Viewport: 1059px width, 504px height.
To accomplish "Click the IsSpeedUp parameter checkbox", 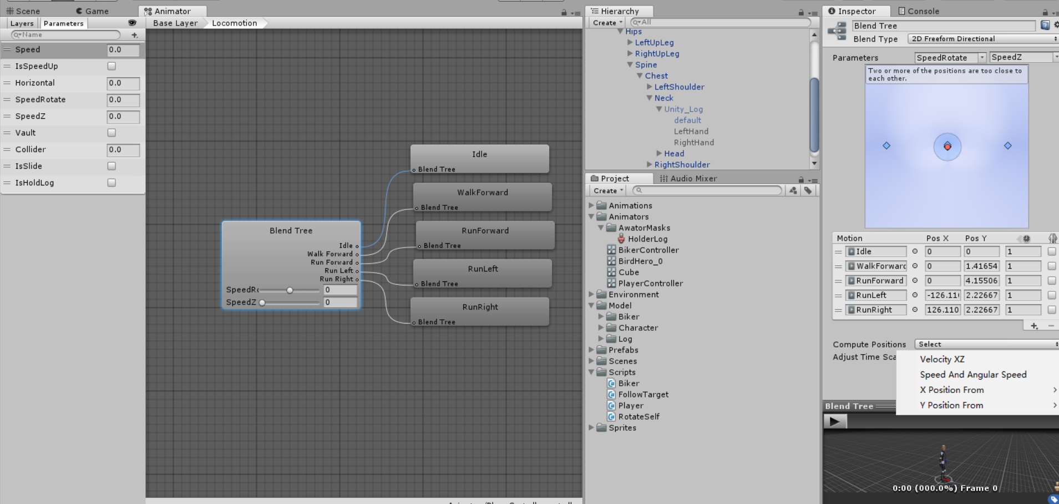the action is pos(112,66).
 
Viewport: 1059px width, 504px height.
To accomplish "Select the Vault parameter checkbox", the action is pos(112,133).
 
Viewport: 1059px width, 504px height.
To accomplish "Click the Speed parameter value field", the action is pos(123,50).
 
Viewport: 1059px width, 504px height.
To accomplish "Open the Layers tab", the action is pos(22,23).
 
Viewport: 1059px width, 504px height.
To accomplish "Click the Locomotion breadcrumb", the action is pos(234,23).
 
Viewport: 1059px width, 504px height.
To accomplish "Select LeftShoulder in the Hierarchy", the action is pos(679,87).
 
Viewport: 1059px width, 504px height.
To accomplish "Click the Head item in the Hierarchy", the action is pos(674,154).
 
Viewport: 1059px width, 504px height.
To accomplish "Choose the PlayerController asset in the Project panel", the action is pos(650,284).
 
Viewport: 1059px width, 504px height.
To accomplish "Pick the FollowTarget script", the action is pos(643,395).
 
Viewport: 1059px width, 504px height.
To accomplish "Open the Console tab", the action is pos(923,11).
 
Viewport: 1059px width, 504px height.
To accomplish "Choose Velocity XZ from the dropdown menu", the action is pos(942,359).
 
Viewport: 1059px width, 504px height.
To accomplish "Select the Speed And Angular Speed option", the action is pos(973,375).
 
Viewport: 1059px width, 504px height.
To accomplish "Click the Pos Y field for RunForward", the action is pos(981,281).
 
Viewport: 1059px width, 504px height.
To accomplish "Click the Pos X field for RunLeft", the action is pos(942,295).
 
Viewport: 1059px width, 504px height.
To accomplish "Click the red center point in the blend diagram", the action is pos(947,147).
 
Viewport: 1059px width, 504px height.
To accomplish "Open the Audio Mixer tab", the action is pos(693,179).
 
